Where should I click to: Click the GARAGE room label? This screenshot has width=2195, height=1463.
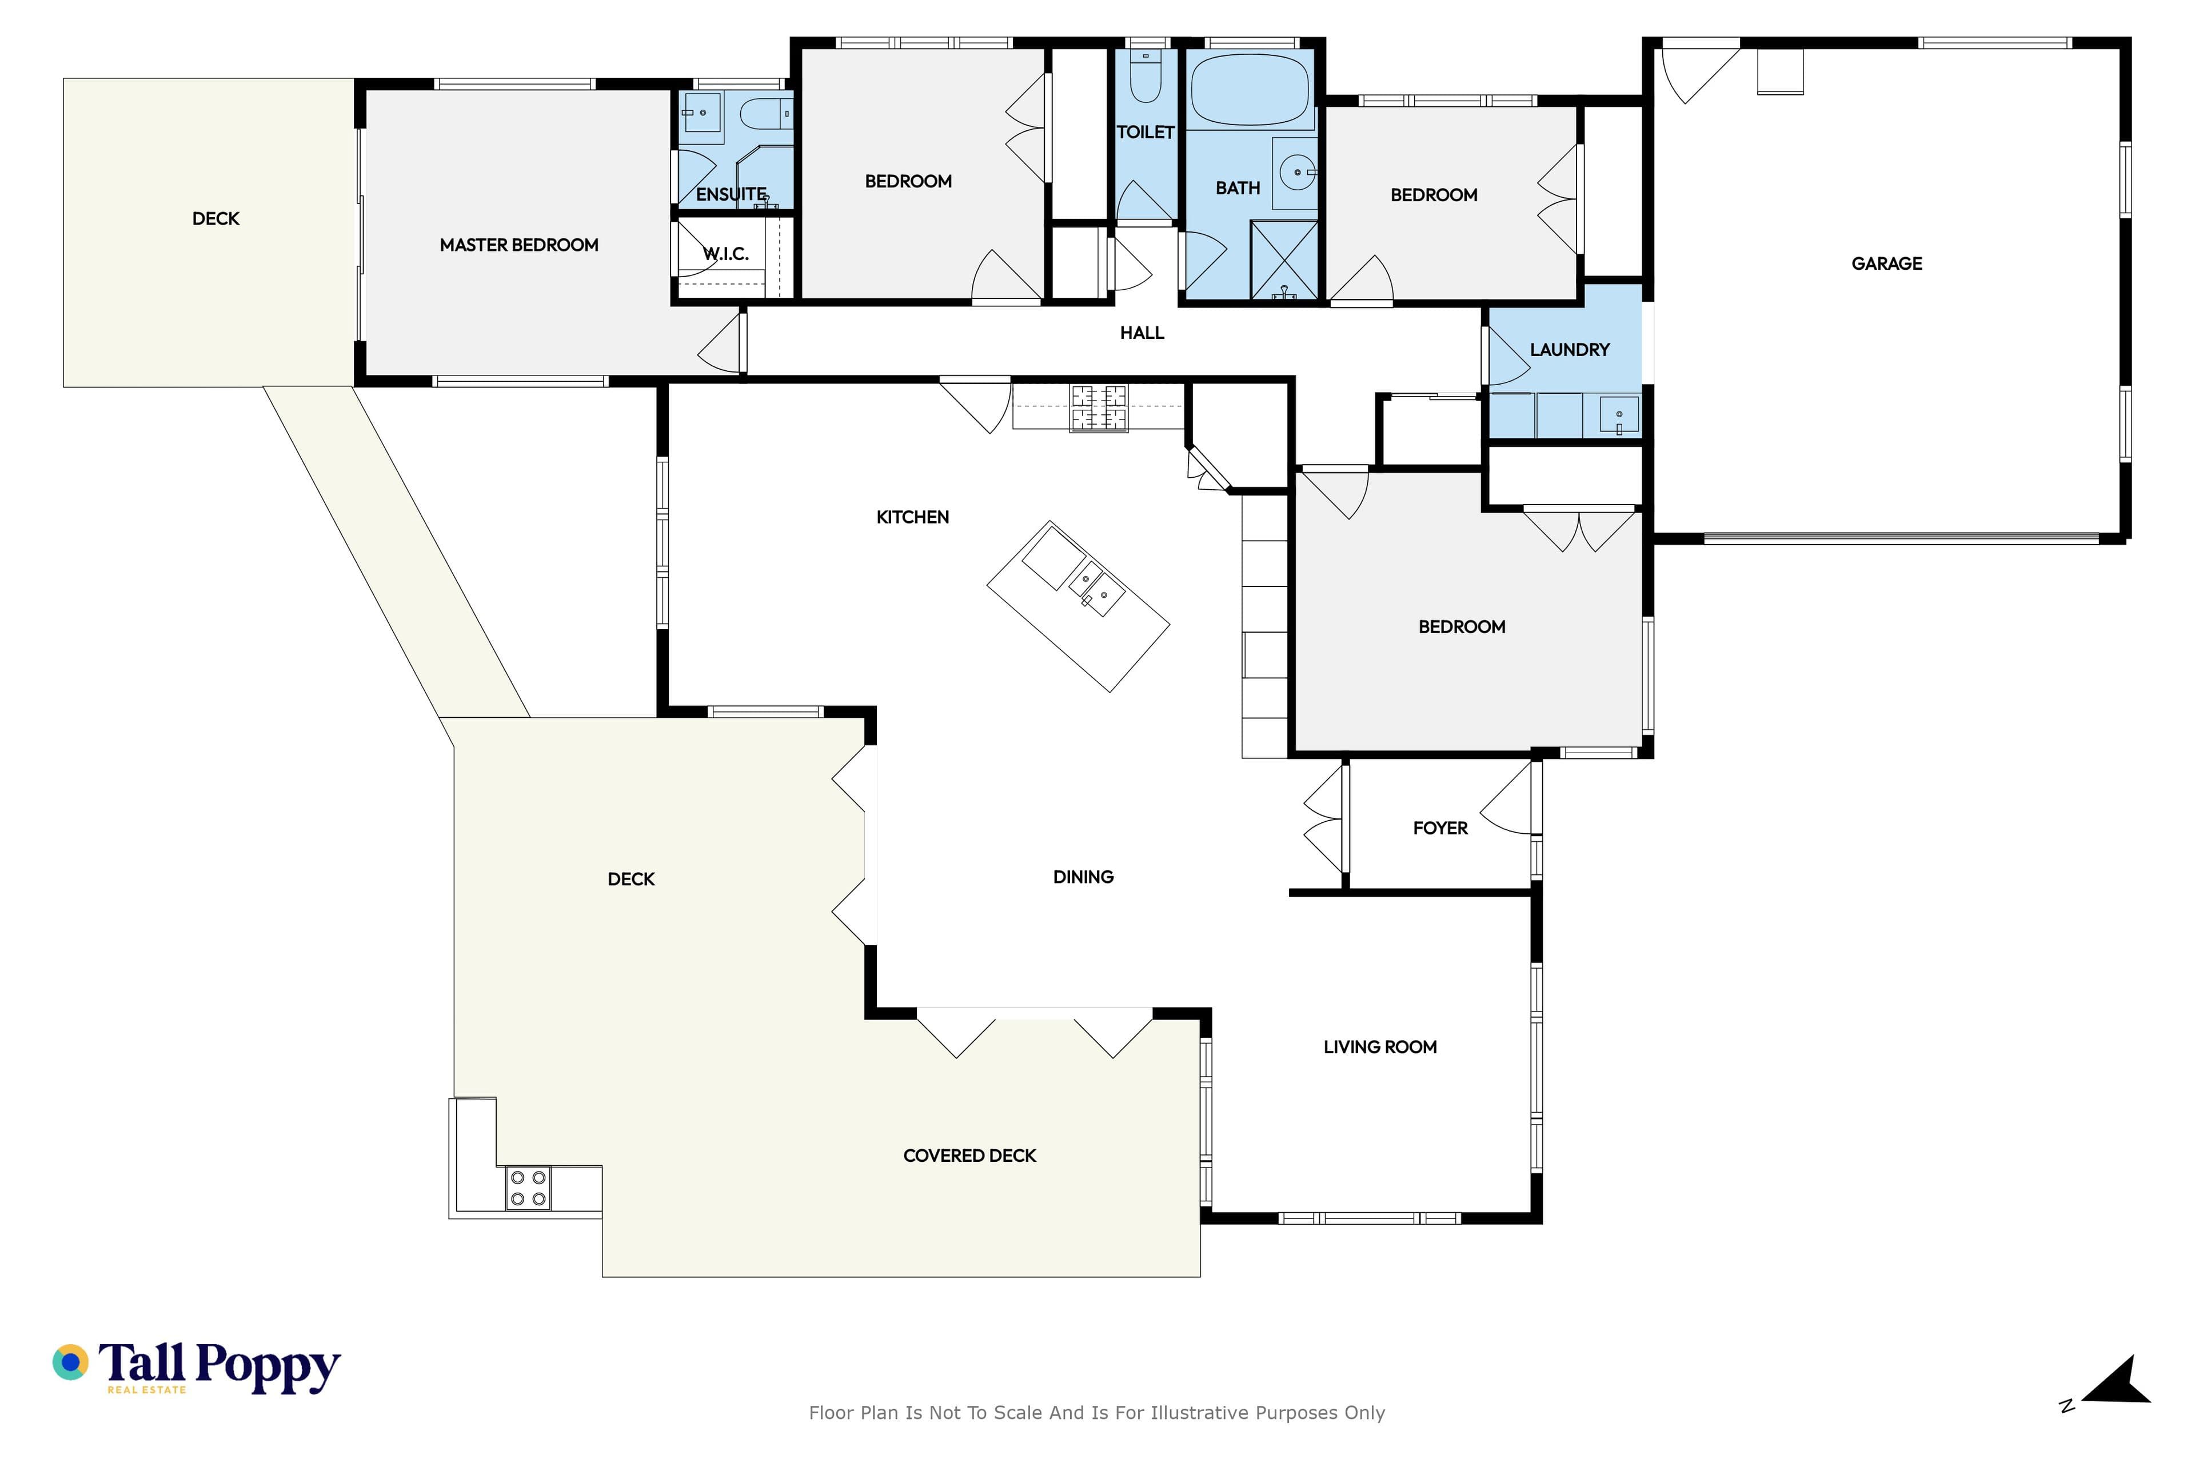coord(1886,264)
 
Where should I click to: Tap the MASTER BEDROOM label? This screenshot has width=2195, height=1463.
coord(519,245)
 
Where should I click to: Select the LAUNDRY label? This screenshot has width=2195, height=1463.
coord(1570,350)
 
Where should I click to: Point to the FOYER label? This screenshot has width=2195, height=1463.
coord(1440,829)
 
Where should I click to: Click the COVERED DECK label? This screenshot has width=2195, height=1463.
coord(969,1156)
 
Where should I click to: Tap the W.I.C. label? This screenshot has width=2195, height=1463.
coord(726,254)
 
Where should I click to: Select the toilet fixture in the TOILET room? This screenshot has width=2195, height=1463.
coord(1145,75)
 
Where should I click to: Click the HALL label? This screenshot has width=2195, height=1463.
coord(1142,333)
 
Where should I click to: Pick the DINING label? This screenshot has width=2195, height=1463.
coord(1084,877)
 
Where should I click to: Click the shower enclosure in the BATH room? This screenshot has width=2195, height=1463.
coord(1284,261)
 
